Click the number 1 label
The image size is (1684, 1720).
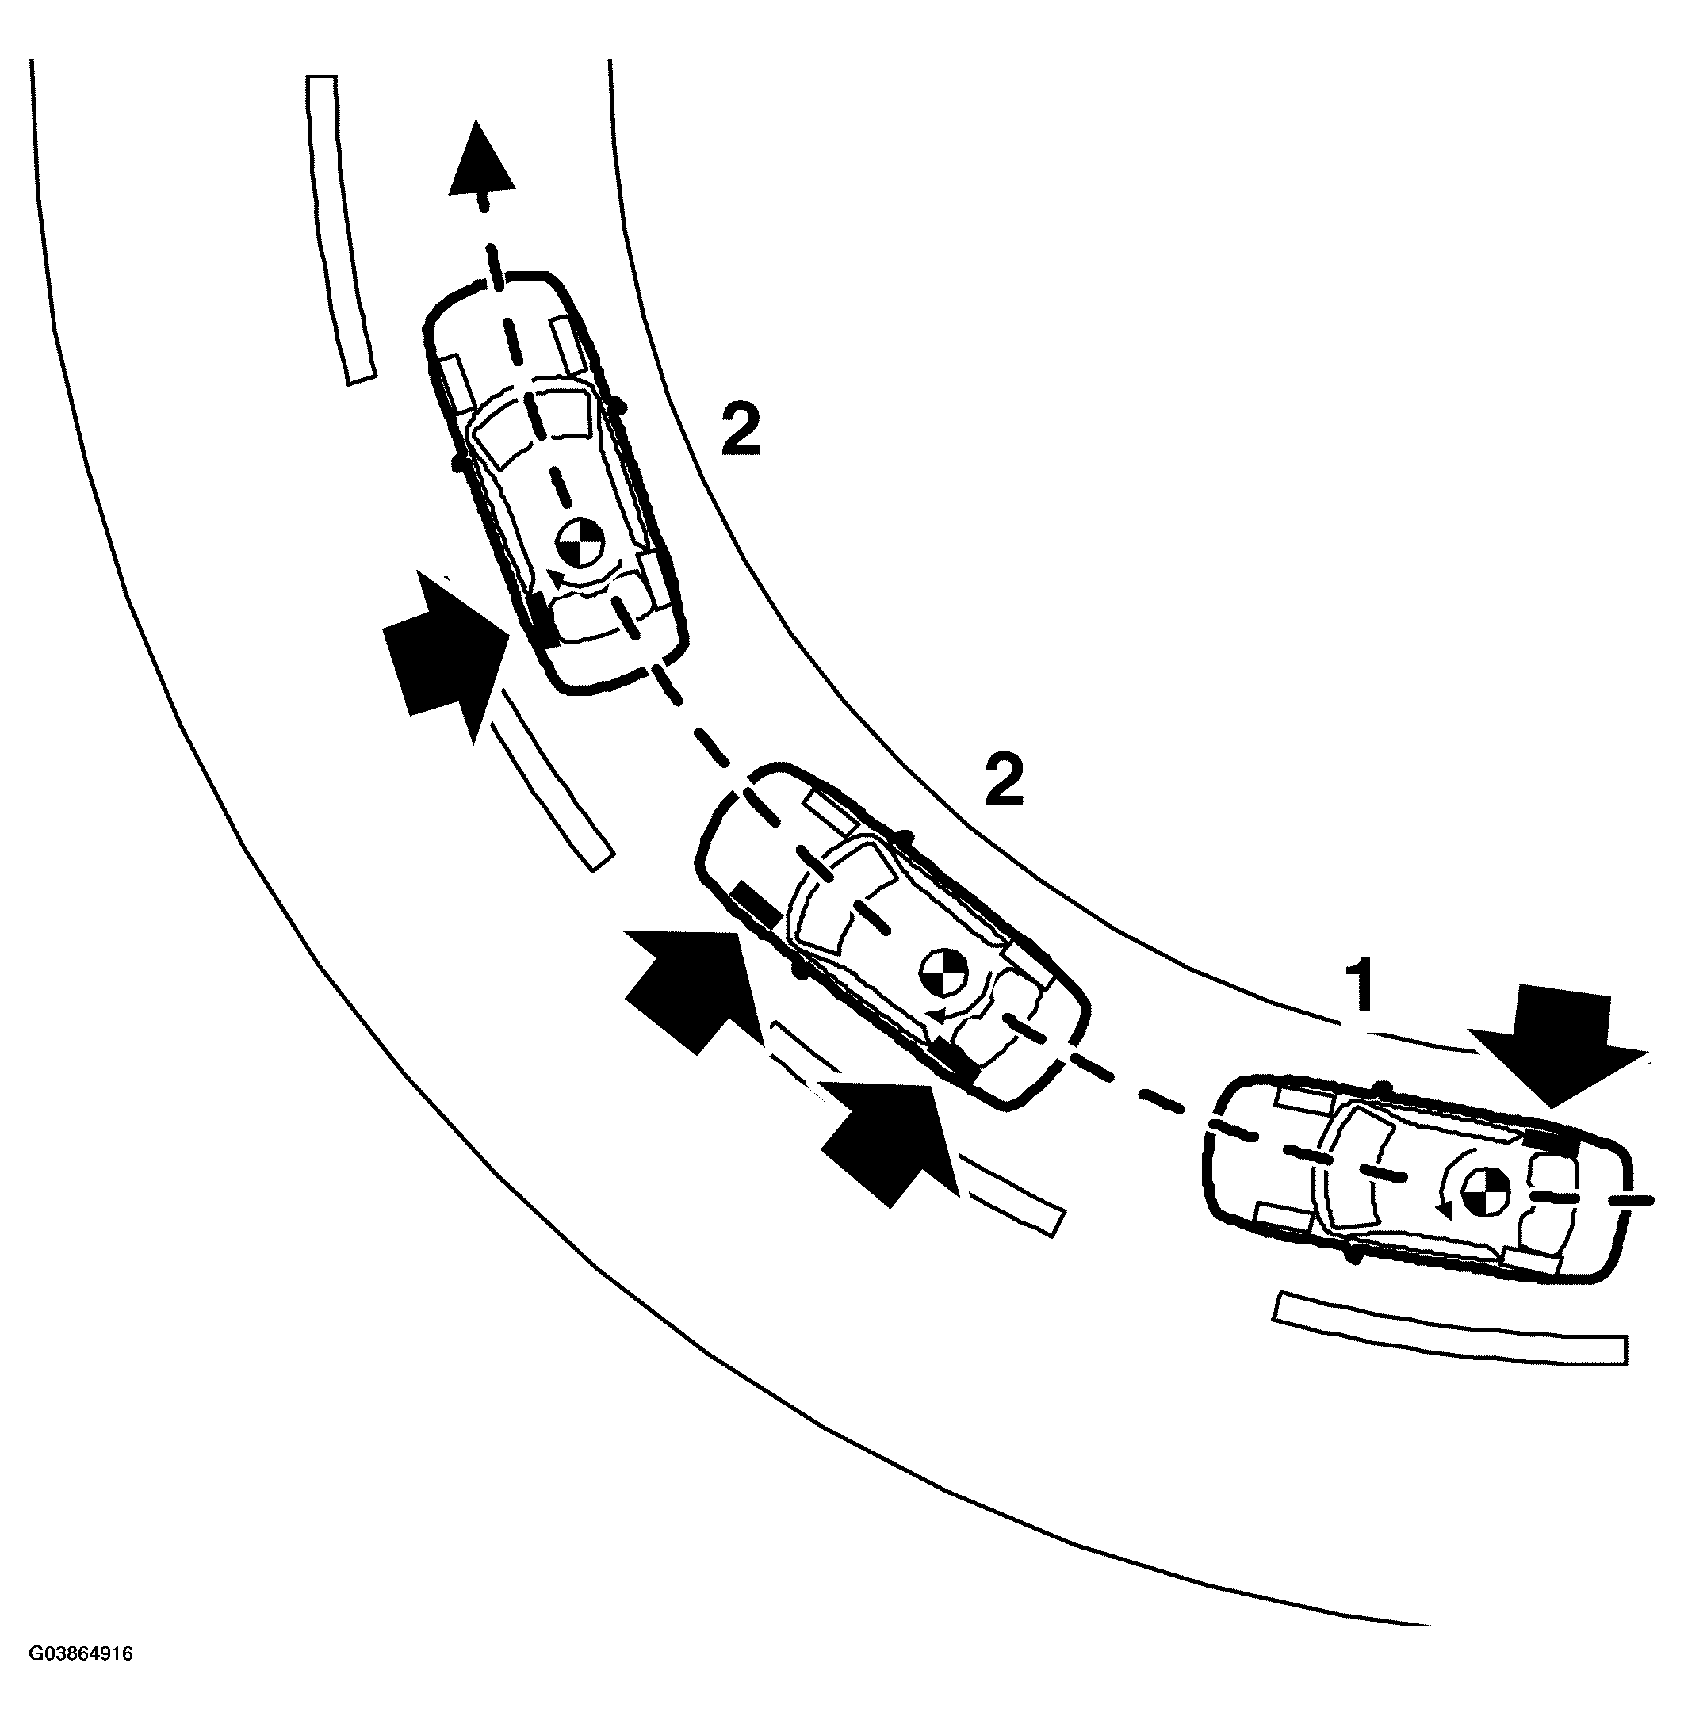pyautogui.click(x=1361, y=986)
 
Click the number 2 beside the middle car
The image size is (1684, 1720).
pyautogui.click(x=1003, y=779)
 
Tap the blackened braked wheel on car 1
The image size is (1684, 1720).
pyautogui.click(x=1552, y=1141)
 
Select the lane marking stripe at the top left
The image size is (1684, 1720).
pyautogui.click(x=340, y=230)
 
